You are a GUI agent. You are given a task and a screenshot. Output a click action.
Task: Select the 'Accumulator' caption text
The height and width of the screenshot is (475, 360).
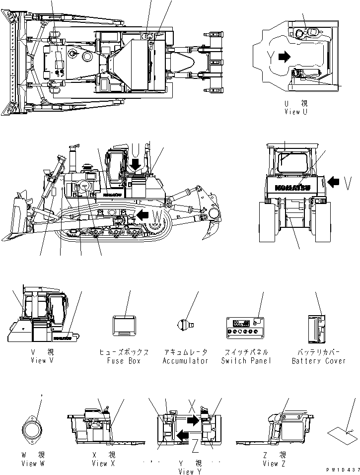pos(186,360)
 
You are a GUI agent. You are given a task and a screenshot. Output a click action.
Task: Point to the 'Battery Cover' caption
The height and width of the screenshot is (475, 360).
pos(318,360)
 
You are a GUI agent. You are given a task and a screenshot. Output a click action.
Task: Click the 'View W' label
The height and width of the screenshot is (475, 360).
pos(33,463)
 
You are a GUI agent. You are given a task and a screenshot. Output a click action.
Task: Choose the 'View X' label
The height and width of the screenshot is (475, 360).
pos(103,463)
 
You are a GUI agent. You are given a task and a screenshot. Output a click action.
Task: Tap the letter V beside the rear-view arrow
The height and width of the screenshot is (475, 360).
pos(350,184)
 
